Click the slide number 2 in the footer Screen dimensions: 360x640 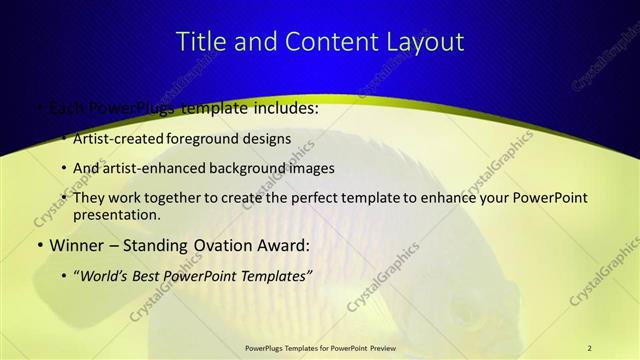pos(589,347)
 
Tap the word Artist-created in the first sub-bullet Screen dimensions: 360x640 pos(111,139)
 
